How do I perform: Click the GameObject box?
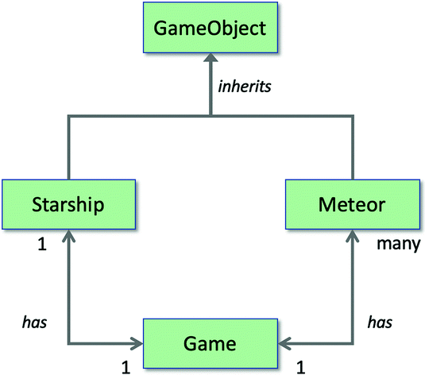coord(211,30)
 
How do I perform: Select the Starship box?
coord(69,205)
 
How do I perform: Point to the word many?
coord(397,244)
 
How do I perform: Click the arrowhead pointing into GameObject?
coord(211,60)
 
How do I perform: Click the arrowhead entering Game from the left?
coord(137,343)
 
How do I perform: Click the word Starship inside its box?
coord(69,205)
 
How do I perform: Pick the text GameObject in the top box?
coord(211,30)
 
